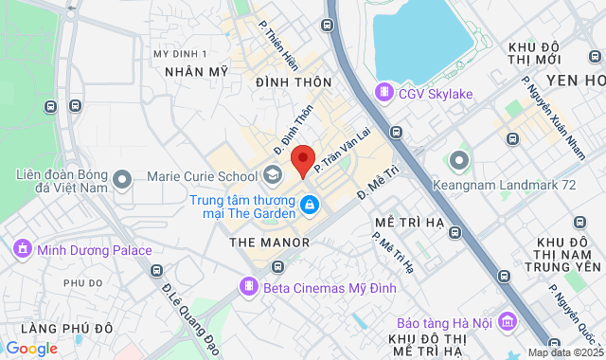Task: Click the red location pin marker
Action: point(302,159)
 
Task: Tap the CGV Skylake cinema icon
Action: point(383,92)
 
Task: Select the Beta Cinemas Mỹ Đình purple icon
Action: point(248,284)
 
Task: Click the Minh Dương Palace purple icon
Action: point(22,249)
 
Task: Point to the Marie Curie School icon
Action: point(273,175)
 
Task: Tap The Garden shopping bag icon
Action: point(309,204)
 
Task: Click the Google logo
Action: point(31,348)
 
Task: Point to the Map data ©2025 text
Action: point(564,352)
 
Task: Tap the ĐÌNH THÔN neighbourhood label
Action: point(293,82)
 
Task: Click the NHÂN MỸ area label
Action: point(197,71)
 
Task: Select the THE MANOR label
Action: point(270,243)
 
